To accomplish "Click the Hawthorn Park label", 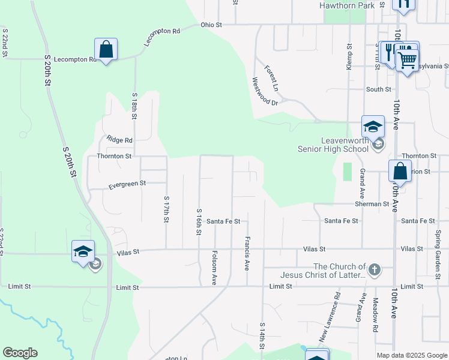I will coord(348,5).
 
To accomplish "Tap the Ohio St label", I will coord(211,25).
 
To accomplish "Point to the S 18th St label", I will coord(134,106).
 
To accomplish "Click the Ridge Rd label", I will coord(119,140).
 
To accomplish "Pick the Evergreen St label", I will coord(127,185).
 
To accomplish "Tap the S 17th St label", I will coord(166,209).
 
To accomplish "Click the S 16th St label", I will coord(198,222).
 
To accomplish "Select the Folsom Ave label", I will coord(214,268).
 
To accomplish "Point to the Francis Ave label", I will coord(247,253).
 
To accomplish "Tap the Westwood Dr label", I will coord(265,91).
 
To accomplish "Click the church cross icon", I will coord(375,269).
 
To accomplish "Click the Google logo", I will coord(20,353).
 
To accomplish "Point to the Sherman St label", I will coord(372,204).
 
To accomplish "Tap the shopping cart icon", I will coord(408,59).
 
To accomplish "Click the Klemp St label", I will coord(349,57).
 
